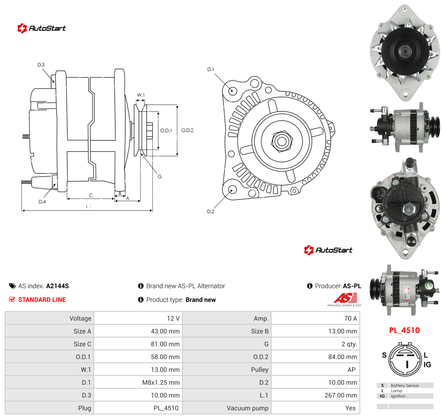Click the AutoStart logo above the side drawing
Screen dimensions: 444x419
point(41,28)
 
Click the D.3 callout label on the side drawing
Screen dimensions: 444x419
point(41,65)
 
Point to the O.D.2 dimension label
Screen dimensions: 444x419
point(187,130)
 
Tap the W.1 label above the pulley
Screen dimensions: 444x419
point(141,95)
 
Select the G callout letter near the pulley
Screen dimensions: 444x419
point(160,176)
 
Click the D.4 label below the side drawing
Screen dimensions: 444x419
point(42,202)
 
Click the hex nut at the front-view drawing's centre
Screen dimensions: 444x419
point(282,141)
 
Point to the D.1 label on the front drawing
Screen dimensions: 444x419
point(211,70)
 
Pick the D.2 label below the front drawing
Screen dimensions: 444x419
point(211,212)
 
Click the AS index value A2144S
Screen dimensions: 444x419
point(58,286)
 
